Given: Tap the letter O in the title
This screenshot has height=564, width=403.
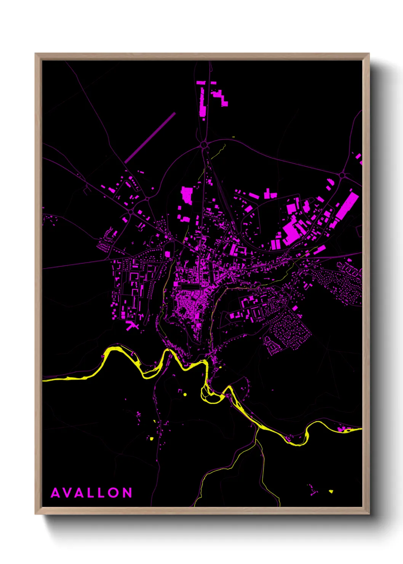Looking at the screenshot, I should coord(114,493).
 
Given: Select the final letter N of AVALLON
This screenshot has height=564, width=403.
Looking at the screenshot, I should coord(128,493).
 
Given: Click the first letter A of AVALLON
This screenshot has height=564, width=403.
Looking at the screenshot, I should coord(55,493).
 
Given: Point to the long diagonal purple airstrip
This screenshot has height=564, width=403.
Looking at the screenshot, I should coord(150,138).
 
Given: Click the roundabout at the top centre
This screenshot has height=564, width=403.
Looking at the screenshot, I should coord(204,145).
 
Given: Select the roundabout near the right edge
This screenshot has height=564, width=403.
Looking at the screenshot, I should coord(342,175).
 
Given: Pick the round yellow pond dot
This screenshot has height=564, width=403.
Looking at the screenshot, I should coord(185,394).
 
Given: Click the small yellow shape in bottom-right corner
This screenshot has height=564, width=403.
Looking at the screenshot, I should coord(331,491).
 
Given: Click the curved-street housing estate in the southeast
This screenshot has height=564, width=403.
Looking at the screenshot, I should coord(289,332).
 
